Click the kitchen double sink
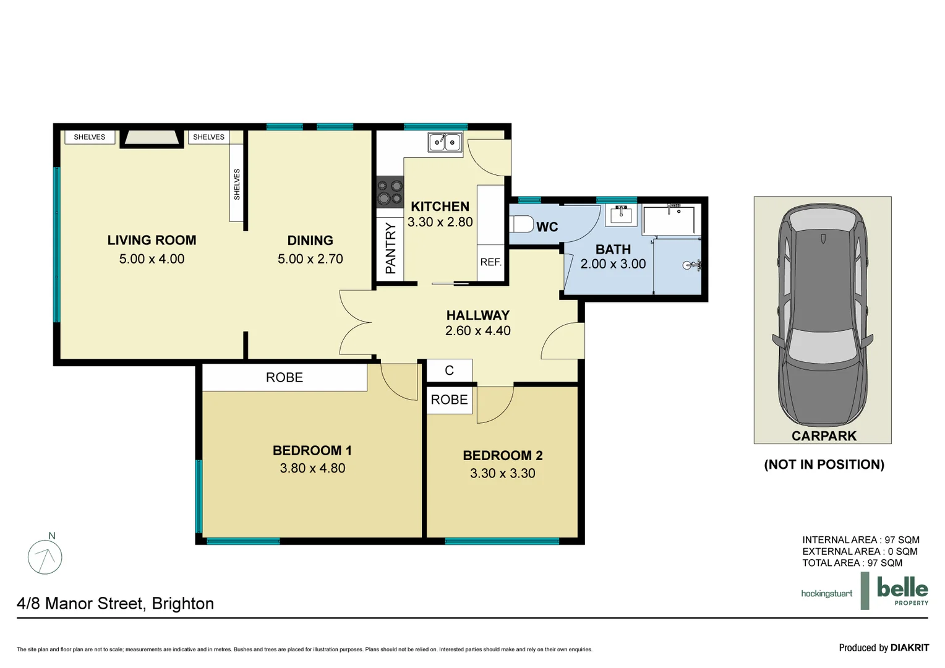[445, 142]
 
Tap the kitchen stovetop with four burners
[390, 192]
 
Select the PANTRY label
[390, 249]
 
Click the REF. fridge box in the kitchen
[490, 262]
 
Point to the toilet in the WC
[521, 224]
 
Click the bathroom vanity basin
[620, 214]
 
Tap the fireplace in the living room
[152, 138]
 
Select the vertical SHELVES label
[237, 184]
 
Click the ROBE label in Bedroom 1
[284, 377]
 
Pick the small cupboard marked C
[450, 370]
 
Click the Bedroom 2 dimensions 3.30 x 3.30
[502, 473]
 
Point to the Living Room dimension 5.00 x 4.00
[152, 259]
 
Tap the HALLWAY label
[477, 315]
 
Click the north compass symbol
[45, 556]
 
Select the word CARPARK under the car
[824, 436]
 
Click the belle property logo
[902, 591]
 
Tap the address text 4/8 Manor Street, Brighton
[116, 604]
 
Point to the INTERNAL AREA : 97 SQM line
[860, 540]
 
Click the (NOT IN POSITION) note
[824, 465]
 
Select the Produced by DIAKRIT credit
[883, 648]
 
